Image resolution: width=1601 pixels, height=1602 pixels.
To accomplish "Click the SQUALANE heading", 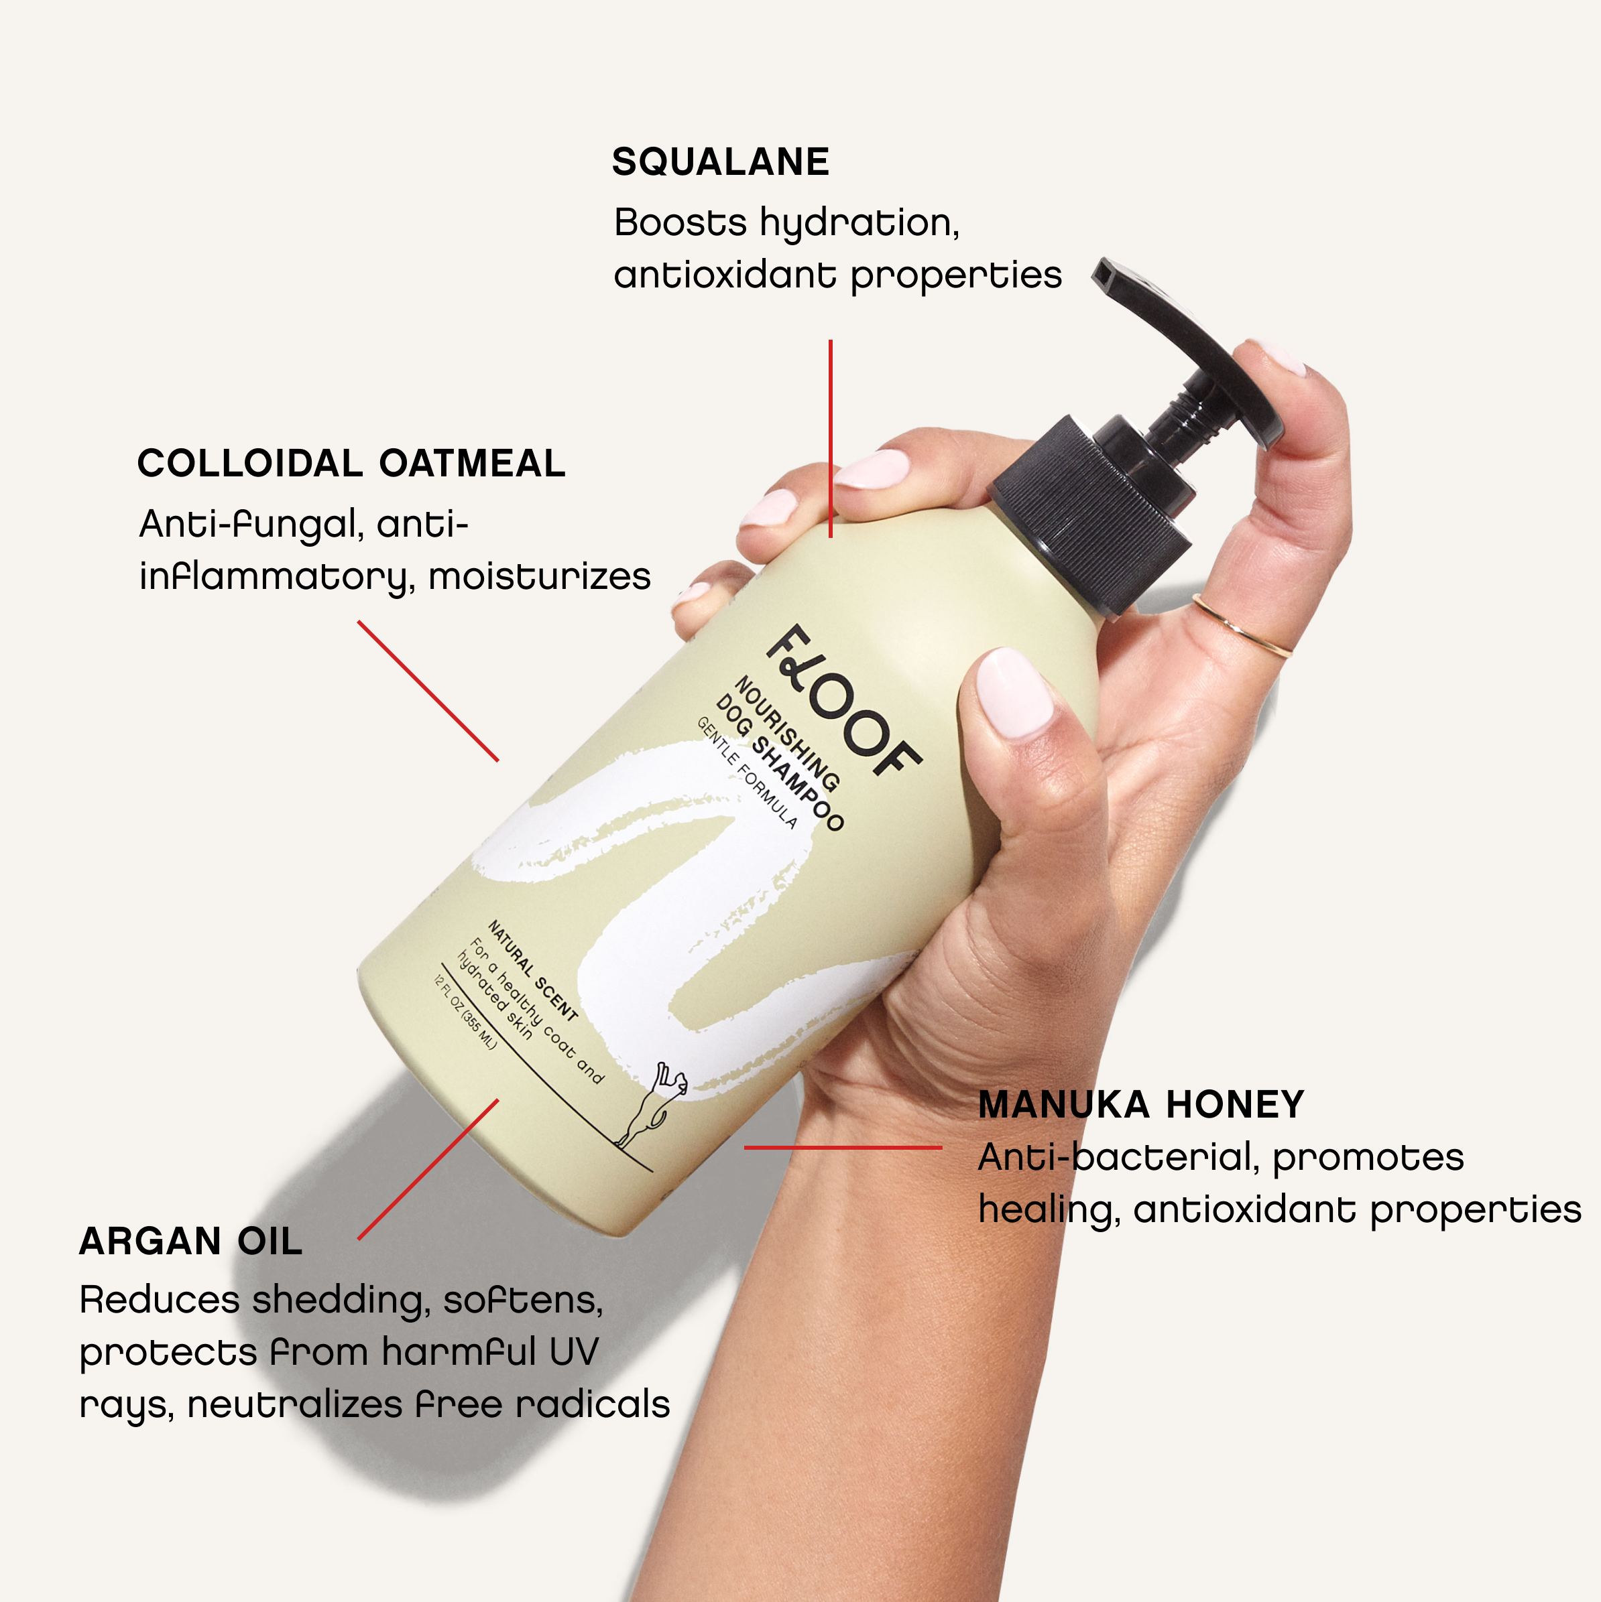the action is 720,161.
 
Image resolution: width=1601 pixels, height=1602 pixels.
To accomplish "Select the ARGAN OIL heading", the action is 191,1242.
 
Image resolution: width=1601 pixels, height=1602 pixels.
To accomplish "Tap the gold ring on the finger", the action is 1242,626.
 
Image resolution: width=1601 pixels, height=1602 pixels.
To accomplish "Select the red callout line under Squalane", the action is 831,439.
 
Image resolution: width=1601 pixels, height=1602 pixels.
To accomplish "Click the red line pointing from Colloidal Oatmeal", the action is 428,691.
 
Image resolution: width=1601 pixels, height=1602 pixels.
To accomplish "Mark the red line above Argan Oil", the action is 428,1170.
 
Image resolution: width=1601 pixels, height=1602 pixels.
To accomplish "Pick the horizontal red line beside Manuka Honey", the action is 843,1148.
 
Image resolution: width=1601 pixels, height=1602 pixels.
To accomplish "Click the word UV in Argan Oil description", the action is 573,1352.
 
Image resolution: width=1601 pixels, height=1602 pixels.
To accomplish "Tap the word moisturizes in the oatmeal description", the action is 539,576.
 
